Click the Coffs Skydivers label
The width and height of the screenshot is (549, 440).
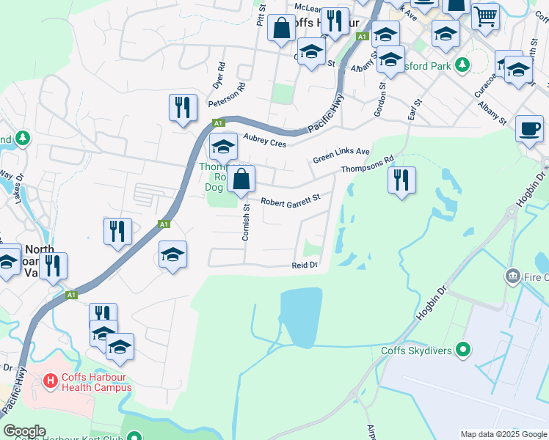415,350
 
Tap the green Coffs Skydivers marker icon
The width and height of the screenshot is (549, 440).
462,350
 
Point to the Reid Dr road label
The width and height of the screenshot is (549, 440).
305,265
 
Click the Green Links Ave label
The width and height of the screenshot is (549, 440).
341,155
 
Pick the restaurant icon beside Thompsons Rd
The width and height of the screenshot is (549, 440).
401,180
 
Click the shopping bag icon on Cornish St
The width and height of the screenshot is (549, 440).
241,178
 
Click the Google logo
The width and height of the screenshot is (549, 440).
24,431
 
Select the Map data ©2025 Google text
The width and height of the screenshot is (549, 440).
503,434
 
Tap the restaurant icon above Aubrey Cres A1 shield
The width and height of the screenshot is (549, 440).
181,108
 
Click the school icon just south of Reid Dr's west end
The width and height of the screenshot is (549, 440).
172,254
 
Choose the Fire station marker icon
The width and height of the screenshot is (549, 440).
512,276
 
